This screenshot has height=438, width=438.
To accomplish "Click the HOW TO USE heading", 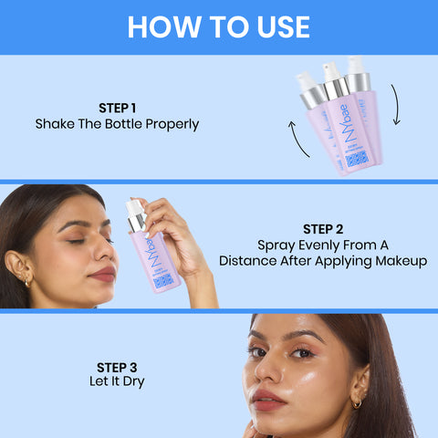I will pyautogui.click(x=218, y=26).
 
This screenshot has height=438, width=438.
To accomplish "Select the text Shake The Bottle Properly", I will pyautogui.click(x=117, y=124).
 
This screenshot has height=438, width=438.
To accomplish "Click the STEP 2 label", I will pyautogui.click(x=322, y=227).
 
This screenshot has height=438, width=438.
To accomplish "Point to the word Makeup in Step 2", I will pyautogui.click(x=398, y=261).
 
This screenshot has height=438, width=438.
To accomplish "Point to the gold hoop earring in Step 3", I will pyautogui.click(x=354, y=402).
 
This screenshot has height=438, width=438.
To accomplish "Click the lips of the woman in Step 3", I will pyautogui.click(x=270, y=400).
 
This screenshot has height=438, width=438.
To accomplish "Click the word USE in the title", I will pyautogui.click(x=278, y=26).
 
